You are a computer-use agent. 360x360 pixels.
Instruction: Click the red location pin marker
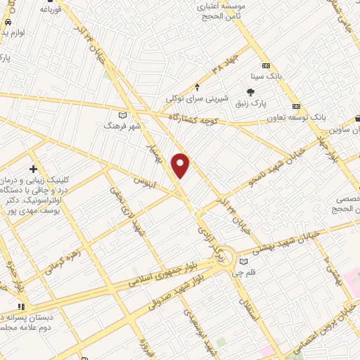181,165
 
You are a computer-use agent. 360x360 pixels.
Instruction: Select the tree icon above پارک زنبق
250,92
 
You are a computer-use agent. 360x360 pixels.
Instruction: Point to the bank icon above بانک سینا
265,65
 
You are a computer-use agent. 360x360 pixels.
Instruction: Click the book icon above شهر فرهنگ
123,114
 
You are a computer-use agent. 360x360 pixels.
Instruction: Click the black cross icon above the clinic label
33,168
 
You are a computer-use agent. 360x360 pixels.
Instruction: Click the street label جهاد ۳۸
224,63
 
